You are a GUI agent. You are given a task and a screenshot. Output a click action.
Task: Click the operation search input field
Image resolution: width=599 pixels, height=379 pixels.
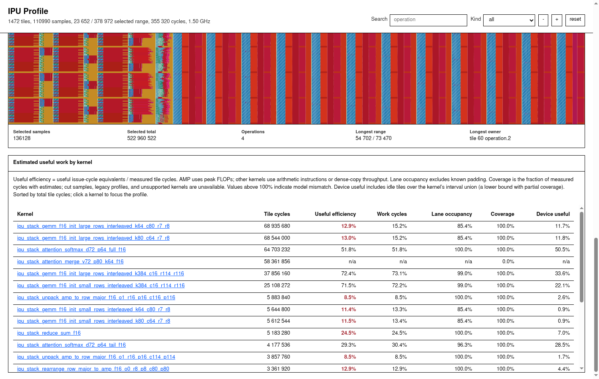[428, 20]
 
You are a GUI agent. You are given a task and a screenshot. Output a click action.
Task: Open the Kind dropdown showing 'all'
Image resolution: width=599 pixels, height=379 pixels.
[509, 20]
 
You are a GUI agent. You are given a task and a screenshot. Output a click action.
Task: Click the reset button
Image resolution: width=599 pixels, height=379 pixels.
[575, 20]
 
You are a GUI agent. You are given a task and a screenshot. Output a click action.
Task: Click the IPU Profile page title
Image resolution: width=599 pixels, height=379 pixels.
[28, 11]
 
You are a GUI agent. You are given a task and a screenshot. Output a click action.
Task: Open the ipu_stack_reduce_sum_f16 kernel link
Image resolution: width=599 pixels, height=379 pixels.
[49, 333]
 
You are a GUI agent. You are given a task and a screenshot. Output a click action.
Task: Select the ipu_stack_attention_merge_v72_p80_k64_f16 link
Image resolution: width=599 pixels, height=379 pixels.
[70, 261]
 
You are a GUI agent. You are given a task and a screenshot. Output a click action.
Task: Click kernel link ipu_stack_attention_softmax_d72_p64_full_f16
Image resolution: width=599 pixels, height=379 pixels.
[71, 249]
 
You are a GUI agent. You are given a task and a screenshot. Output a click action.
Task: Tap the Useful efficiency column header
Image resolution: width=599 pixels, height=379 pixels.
[335, 214]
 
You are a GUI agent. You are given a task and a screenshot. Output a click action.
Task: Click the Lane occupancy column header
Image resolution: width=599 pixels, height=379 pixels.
[452, 214]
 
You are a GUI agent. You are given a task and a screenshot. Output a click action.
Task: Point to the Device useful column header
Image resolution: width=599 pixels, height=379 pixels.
[553, 214]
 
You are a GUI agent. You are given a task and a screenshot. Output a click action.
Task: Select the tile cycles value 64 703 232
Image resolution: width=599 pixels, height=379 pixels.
[277, 249]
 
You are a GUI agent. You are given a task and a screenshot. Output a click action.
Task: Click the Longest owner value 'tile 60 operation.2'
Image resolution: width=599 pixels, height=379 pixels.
[490, 138]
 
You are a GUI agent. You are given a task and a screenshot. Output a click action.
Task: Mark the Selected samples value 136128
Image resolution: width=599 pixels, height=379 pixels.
[22, 138]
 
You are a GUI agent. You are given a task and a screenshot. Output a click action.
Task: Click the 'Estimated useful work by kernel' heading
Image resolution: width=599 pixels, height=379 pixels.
[53, 162]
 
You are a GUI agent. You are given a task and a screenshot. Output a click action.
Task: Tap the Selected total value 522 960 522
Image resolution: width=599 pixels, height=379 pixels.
[141, 138]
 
